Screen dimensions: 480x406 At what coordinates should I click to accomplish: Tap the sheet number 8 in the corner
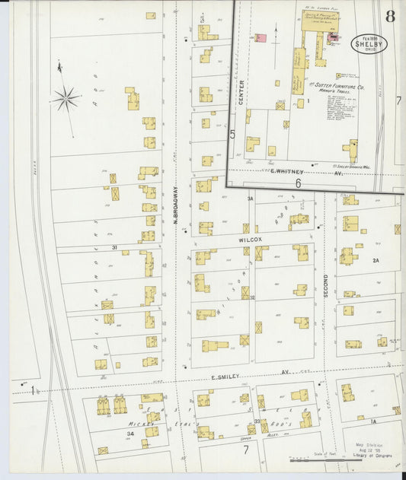click(x=390, y=17)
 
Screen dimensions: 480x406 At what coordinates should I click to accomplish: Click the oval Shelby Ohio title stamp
click(x=369, y=45)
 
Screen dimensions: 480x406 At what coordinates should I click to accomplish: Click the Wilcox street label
click(x=248, y=239)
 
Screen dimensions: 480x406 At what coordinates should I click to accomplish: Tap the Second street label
click(x=325, y=285)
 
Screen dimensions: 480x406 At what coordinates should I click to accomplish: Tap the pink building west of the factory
click(x=260, y=37)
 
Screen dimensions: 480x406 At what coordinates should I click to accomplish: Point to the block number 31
click(x=113, y=248)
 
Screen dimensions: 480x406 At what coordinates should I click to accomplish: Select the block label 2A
click(x=375, y=261)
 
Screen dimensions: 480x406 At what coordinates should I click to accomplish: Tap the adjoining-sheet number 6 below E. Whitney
click(x=299, y=183)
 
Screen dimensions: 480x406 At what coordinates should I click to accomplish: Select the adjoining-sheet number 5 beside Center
click(x=232, y=134)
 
